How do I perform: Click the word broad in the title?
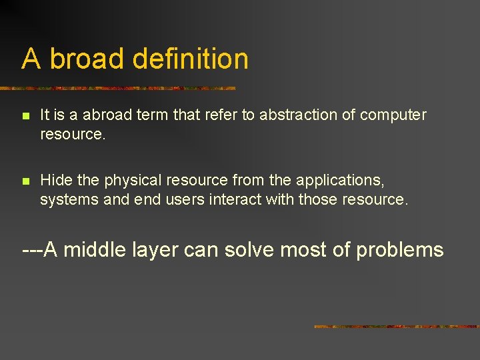click(87, 59)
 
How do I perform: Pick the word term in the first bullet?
click(153, 115)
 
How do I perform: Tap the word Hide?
click(53, 180)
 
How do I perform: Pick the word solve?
click(250, 250)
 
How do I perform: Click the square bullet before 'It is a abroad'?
click(25, 116)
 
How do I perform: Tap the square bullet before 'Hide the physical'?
click(25, 181)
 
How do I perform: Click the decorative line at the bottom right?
click(396, 327)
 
